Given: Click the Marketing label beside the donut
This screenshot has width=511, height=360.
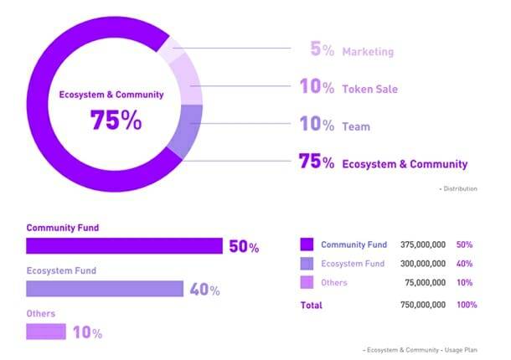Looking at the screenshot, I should click(368, 51).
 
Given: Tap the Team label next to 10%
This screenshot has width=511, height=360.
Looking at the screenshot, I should click(357, 126).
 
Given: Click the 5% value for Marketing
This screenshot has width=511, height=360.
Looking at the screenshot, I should click(322, 50).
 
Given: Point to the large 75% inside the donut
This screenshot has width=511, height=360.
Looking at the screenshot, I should click(116, 120).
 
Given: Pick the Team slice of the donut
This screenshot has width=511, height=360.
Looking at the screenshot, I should click(188, 130).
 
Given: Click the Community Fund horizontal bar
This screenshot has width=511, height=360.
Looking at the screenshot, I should click(124, 245).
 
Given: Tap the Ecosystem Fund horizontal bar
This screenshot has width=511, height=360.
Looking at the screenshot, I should click(105, 289).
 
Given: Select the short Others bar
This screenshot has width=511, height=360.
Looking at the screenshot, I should click(46, 332).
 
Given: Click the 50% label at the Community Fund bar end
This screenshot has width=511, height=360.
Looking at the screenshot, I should click(244, 247).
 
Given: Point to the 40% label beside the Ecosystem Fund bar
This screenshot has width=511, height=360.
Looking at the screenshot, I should click(204, 290).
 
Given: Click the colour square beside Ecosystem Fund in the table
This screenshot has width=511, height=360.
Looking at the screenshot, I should click(307, 264).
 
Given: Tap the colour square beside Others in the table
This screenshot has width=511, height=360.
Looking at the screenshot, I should click(307, 282).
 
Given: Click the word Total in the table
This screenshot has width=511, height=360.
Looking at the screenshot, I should click(311, 306).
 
